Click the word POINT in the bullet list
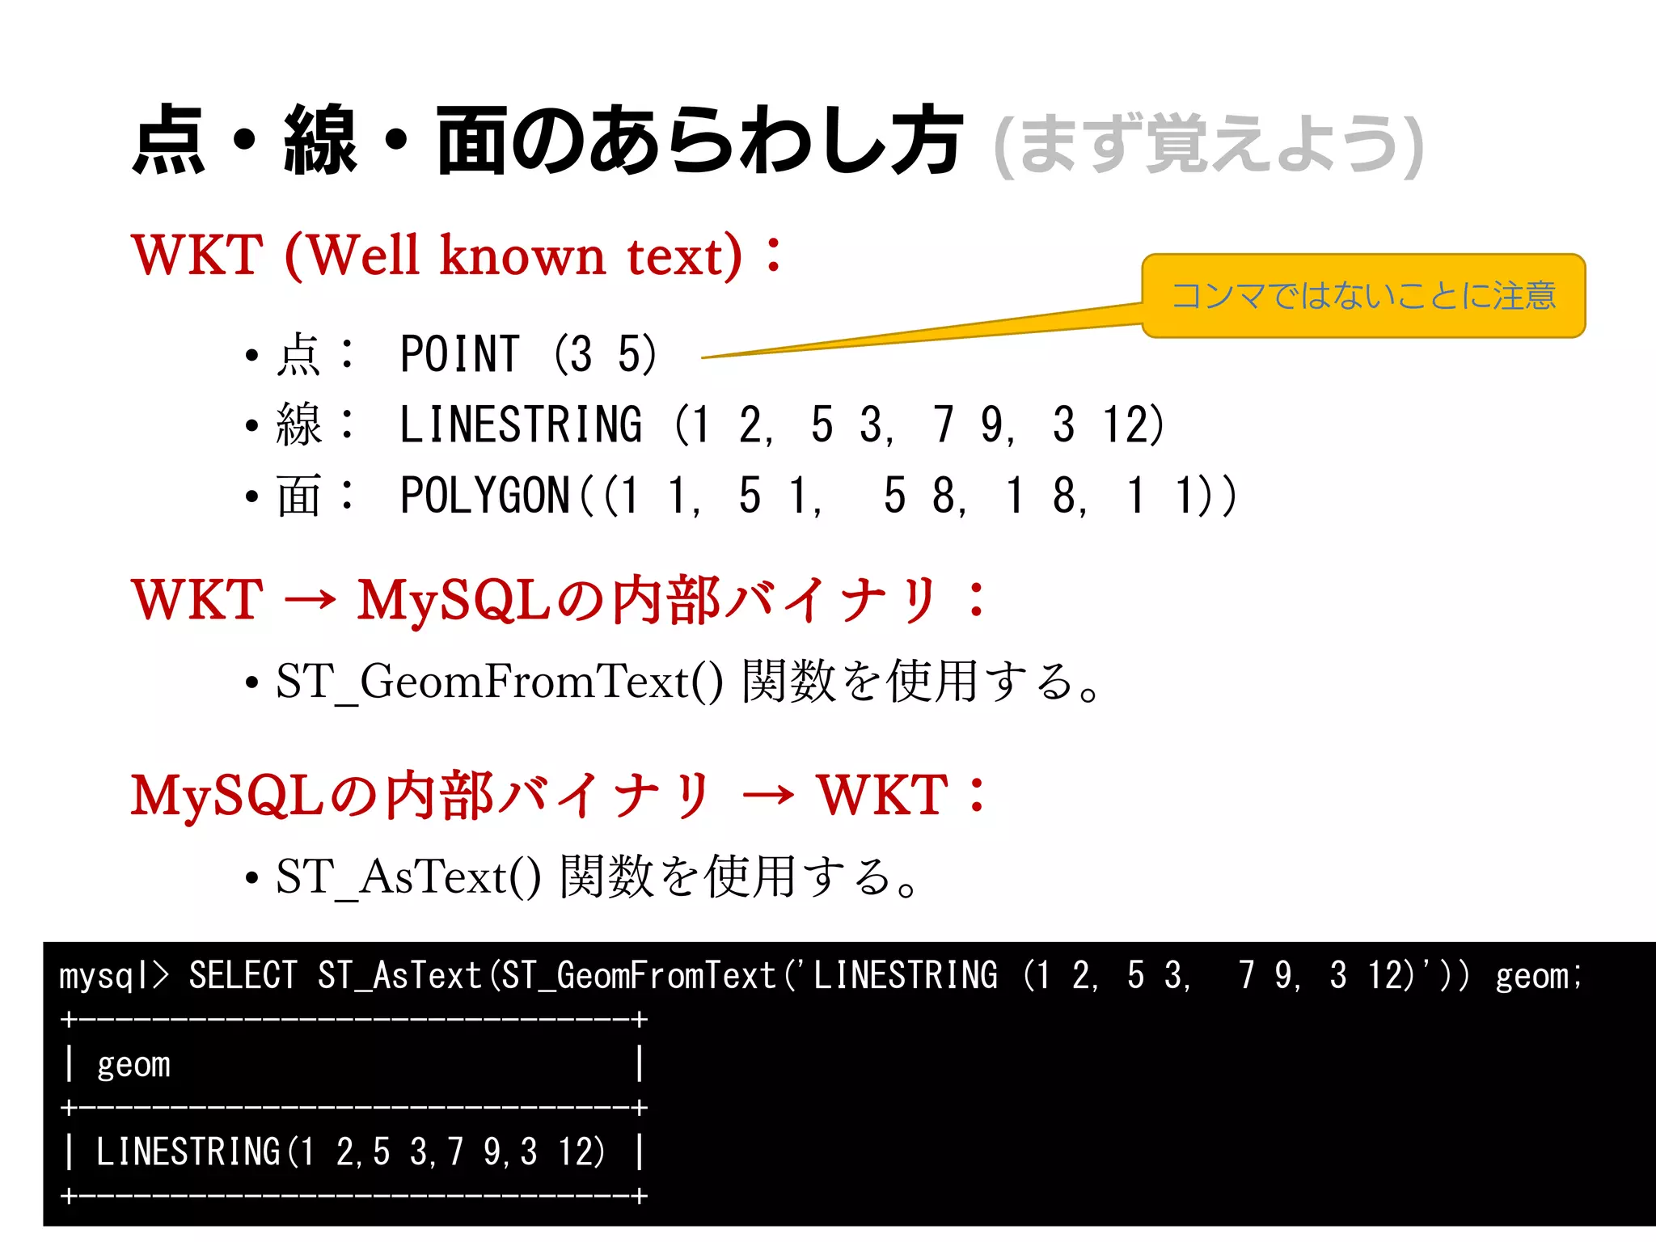pos(459,354)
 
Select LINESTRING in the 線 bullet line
pos(521,425)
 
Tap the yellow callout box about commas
pos(1363,295)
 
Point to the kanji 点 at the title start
pos(168,141)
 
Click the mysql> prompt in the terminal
pos(113,976)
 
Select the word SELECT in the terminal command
pos(243,975)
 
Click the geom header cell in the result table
pos(133,1064)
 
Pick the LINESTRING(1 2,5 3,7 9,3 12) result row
pos(349,1151)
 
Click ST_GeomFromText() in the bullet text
pos(499,681)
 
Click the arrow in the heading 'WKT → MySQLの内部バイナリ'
pos(310,600)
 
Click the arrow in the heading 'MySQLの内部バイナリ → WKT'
pos(767,795)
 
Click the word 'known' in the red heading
pos(522,256)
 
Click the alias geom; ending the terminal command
pos(1537,976)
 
